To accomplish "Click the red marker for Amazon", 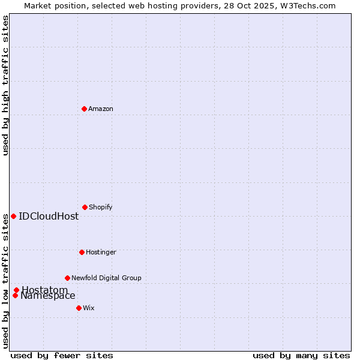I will pyautogui.click(x=84, y=109).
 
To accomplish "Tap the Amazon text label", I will pyautogui.click(x=101, y=109).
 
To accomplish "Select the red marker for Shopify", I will pyautogui.click(x=85, y=207).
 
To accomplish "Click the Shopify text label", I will pyautogui.click(x=100, y=207).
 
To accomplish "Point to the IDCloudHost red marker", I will pyautogui.click(x=13, y=216).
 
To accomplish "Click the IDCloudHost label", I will pyautogui.click(x=49, y=216).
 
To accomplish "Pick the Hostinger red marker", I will pyautogui.click(x=82, y=252).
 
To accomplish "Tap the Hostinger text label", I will pyautogui.click(x=101, y=252).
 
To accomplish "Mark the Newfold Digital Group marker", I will pyautogui.click(x=67, y=278).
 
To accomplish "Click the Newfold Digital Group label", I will pyautogui.click(x=106, y=278).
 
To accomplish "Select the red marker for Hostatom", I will pyautogui.click(x=16, y=290).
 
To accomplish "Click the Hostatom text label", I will pyautogui.click(x=45, y=290).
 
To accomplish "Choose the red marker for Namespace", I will pyautogui.click(x=15, y=295).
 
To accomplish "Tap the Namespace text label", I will pyautogui.click(x=48, y=296).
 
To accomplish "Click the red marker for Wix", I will pyautogui.click(x=79, y=308).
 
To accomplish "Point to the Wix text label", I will pyautogui.click(x=89, y=308).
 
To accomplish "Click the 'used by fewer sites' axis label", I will pyautogui.click(x=62, y=355).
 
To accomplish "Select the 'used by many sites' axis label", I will pyautogui.click(x=301, y=355).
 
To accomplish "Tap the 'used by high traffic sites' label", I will pyautogui.click(x=5, y=85).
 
